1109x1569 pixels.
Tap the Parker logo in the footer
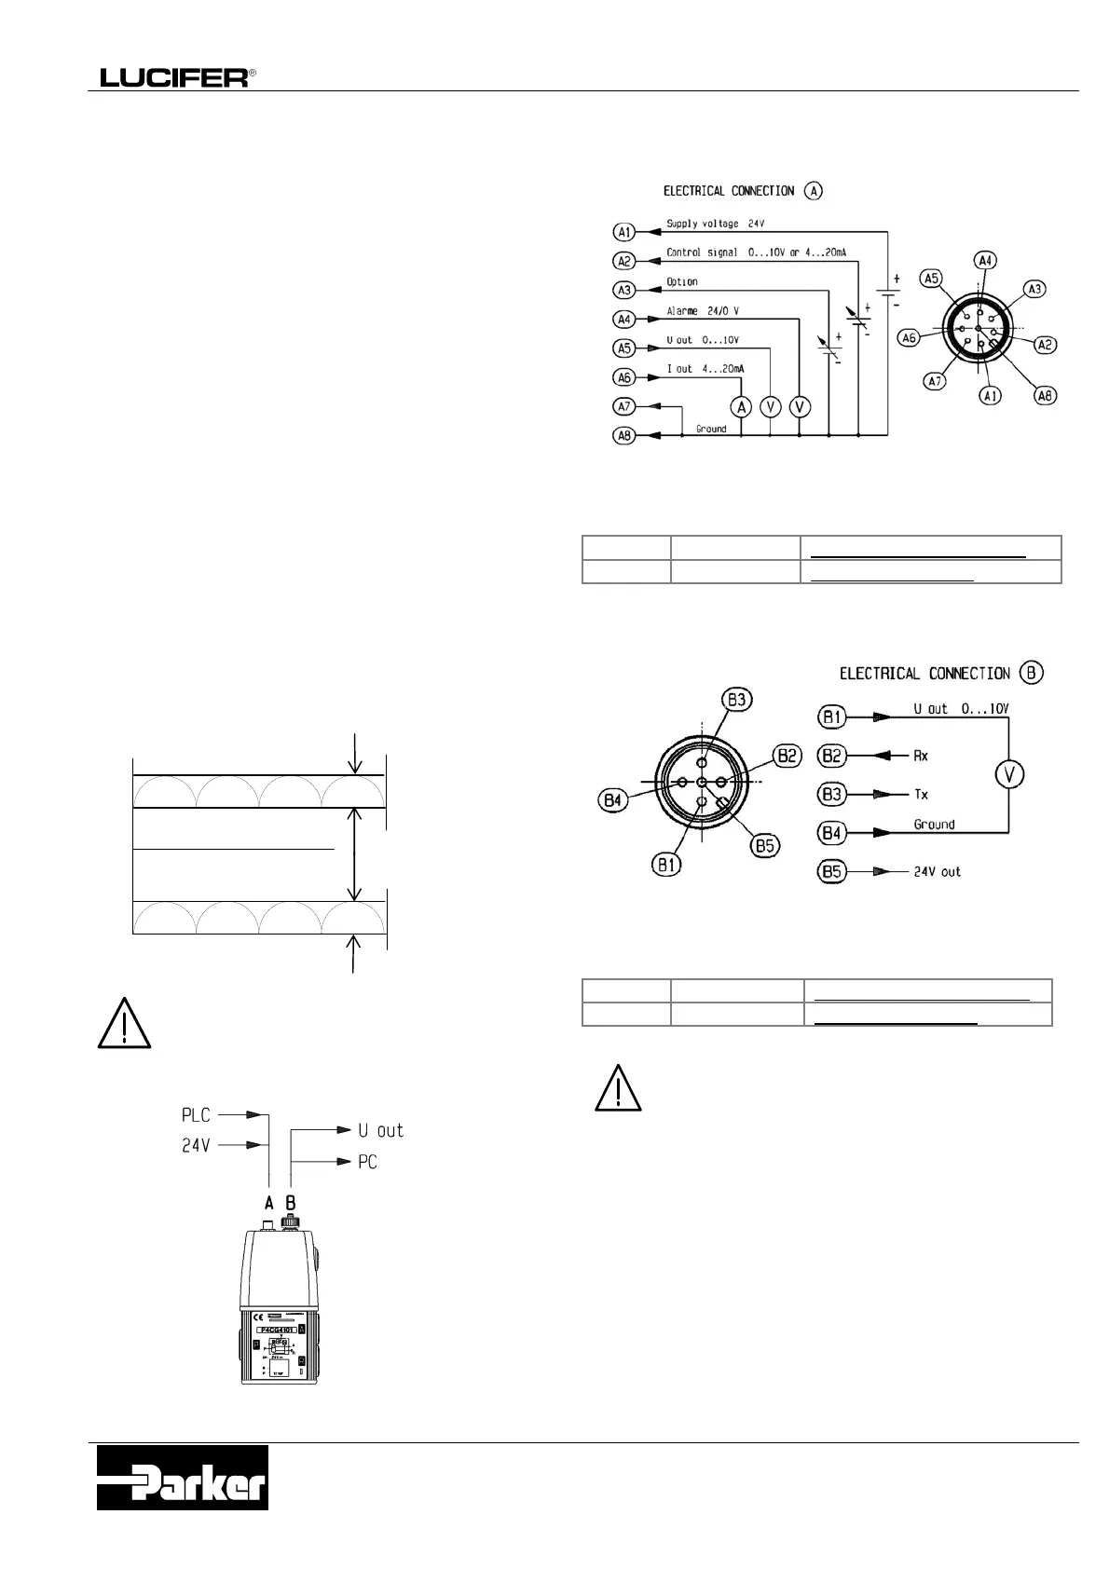[183, 1478]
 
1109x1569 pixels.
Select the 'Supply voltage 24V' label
[715, 224]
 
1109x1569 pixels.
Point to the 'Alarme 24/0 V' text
[703, 311]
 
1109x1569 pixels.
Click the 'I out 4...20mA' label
[705, 369]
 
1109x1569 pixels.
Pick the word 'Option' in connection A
[682, 281]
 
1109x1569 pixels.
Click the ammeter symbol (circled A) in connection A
[741, 406]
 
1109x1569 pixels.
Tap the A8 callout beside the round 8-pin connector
[1046, 396]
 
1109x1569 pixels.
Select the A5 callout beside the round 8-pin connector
[931, 278]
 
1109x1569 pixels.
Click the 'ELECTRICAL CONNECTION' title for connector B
[924, 673]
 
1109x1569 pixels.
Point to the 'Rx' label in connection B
[921, 756]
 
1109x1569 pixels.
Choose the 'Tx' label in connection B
[921, 794]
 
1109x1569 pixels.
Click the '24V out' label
[937, 872]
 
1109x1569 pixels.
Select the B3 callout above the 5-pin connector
[737, 699]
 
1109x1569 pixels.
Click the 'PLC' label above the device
[196, 1114]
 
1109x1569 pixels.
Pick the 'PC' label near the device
[367, 1162]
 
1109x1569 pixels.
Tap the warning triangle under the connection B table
[618, 1086]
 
